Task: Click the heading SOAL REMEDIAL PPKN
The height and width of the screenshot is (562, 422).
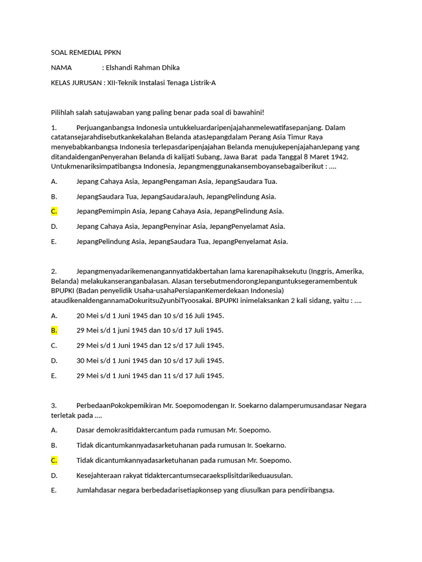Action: (86, 53)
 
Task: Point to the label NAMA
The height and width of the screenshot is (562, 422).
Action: (62, 68)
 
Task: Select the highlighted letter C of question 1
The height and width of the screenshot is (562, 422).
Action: (54, 211)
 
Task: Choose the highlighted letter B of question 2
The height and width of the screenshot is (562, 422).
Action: (54, 330)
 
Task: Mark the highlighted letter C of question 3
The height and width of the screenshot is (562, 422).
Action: (54, 460)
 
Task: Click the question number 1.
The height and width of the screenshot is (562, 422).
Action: (53, 128)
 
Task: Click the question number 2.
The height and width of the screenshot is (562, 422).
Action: (53, 271)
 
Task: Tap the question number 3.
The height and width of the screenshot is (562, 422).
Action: (53, 406)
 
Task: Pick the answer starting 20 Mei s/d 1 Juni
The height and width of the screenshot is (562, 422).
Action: (150, 316)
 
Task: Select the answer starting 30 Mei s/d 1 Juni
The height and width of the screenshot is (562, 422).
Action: (150, 361)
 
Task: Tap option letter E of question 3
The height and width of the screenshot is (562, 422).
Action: (53, 491)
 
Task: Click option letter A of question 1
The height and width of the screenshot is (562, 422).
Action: (54, 182)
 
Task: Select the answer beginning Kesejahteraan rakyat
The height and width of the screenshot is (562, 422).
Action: (185, 475)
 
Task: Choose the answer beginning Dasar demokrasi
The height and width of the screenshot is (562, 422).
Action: (174, 430)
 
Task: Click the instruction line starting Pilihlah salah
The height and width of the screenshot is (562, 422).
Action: (157, 113)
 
